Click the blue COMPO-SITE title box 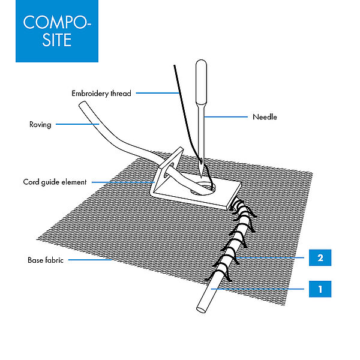[57, 31]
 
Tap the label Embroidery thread [101, 94]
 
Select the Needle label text [265, 117]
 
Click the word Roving [40, 125]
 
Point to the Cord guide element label [55, 182]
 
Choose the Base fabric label [45, 260]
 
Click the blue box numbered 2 [320, 259]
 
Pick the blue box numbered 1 [320, 289]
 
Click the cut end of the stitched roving [200, 310]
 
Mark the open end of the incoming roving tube [83, 106]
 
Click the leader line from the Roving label [75, 125]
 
